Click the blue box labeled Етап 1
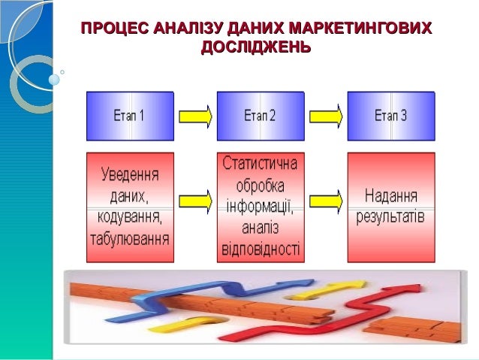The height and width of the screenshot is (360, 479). [x=130, y=116]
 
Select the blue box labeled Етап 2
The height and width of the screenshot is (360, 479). [x=261, y=116]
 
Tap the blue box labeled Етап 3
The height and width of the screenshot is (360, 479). [x=391, y=116]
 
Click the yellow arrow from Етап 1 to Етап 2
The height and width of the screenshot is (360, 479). [x=195, y=116]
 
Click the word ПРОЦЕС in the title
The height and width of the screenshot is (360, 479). [x=113, y=29]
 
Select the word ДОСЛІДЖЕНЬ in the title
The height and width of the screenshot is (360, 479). [x=256, y=47]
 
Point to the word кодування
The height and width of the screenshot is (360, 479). [x=128, y=219]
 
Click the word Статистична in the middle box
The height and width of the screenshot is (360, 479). [x=261, y=163]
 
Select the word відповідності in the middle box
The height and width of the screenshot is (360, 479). [x=261, y=248]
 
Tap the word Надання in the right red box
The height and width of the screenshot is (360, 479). [x=391, y=196]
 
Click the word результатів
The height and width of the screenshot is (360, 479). [x=391, y=217]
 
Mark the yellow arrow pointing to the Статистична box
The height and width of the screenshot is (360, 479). [x=195, y=201]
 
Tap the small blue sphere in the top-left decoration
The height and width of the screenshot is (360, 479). [x=53, y=78]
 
